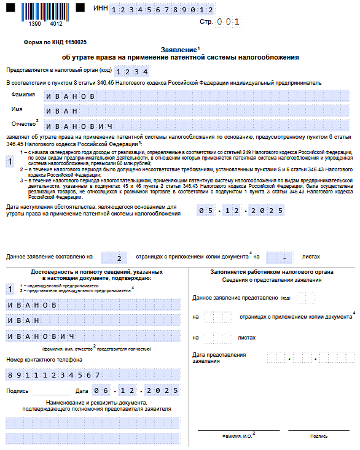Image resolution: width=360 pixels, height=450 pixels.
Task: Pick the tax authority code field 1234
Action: pyautogui.click(x=132, y=71)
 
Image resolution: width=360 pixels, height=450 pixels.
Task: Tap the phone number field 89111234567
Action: pyautogui.click(x=92, y=375)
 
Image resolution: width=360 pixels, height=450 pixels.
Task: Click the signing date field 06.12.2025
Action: pyautogui.click(x=136, y=390)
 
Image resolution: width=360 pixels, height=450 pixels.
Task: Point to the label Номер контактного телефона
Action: pyautogui.click(x=40, y=360)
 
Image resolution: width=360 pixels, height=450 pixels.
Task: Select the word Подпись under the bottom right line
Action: pyautogui.click(x=319, y=436)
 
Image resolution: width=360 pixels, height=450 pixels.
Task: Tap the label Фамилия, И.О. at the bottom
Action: pyautogui.click(x=236, y=436)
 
